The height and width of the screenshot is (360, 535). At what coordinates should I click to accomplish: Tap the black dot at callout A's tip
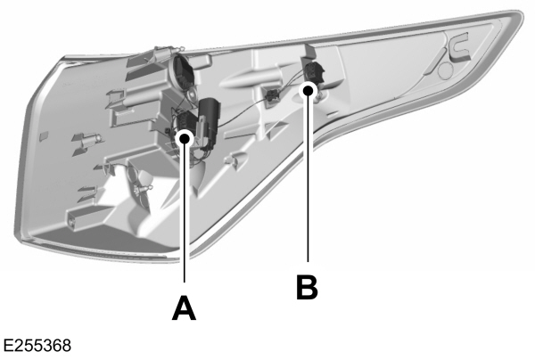coord(185,136)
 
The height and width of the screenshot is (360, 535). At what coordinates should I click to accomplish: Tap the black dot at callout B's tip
coord(308,89)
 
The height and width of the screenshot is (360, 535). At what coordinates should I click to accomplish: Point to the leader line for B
coord(308,178)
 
